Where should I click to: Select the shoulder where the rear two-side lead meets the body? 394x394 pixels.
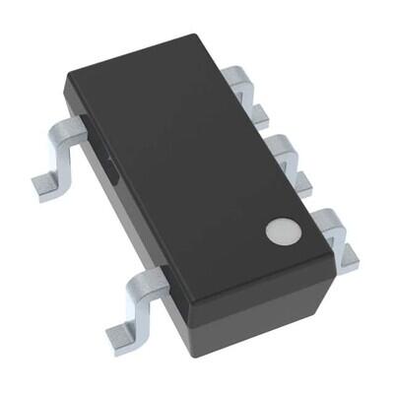(x=81, y=125)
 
